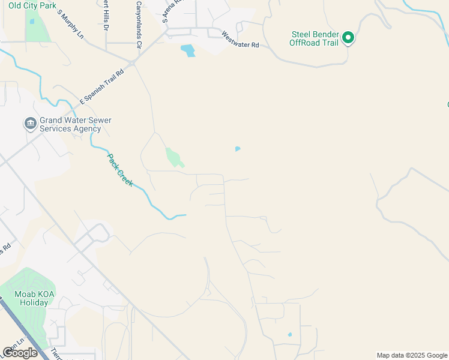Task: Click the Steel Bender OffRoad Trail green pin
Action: pos(348,39)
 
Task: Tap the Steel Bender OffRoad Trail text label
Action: pos(313,39)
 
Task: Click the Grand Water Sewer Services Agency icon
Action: pos(30,124)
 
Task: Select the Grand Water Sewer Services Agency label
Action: pos(76,124)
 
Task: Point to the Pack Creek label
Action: pos(120,170)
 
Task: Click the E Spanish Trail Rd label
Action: pos(102,87)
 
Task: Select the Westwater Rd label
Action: pos(240,40)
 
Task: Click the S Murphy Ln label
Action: pos(71,24)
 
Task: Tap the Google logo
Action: pos(20,353)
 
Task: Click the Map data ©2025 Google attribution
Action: pos(412,355)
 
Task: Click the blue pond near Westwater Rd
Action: pos(188,50)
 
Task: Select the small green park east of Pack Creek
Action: pos(173,157)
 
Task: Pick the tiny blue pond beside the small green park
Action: pos(238,149)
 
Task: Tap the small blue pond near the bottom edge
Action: pos(289,335)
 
